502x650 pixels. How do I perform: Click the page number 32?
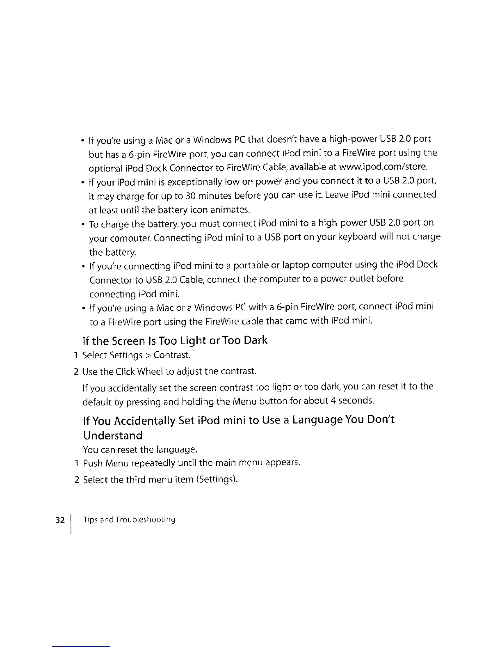(x=60, y=520)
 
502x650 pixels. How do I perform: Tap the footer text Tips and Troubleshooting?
(x=129, y=520)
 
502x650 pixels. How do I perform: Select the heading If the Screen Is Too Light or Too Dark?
(x=175, y=341)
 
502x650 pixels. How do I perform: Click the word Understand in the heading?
(x=113, y=435)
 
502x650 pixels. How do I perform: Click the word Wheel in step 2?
(x=147, y=372)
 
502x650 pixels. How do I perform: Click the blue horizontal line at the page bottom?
(x=81, y=646)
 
